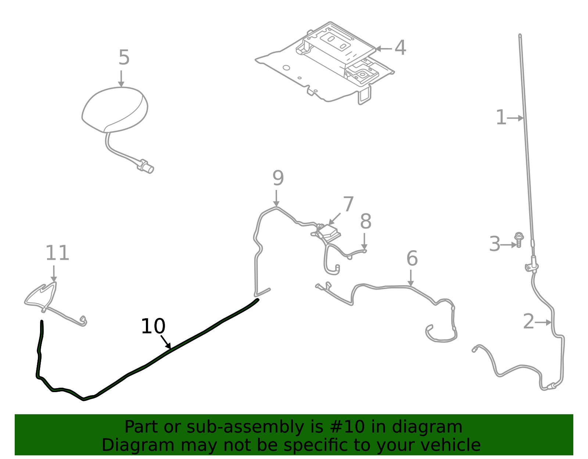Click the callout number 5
pos(124,58)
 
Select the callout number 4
pos(400,48)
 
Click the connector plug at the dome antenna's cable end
pos(146,166)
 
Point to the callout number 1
pos(501,118)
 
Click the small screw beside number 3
pos(519,239)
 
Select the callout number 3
pos(495,244)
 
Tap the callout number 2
pos(528,322)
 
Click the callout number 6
pos(412,259)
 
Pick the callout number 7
pos(348,205)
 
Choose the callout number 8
pos(366,222)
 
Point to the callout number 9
pos(278,179)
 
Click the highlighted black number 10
pos(153,327)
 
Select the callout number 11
pos(57,254)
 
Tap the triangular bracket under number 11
pos(41,295)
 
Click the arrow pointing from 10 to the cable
pos(166,342)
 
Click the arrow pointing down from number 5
pos(121,79)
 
